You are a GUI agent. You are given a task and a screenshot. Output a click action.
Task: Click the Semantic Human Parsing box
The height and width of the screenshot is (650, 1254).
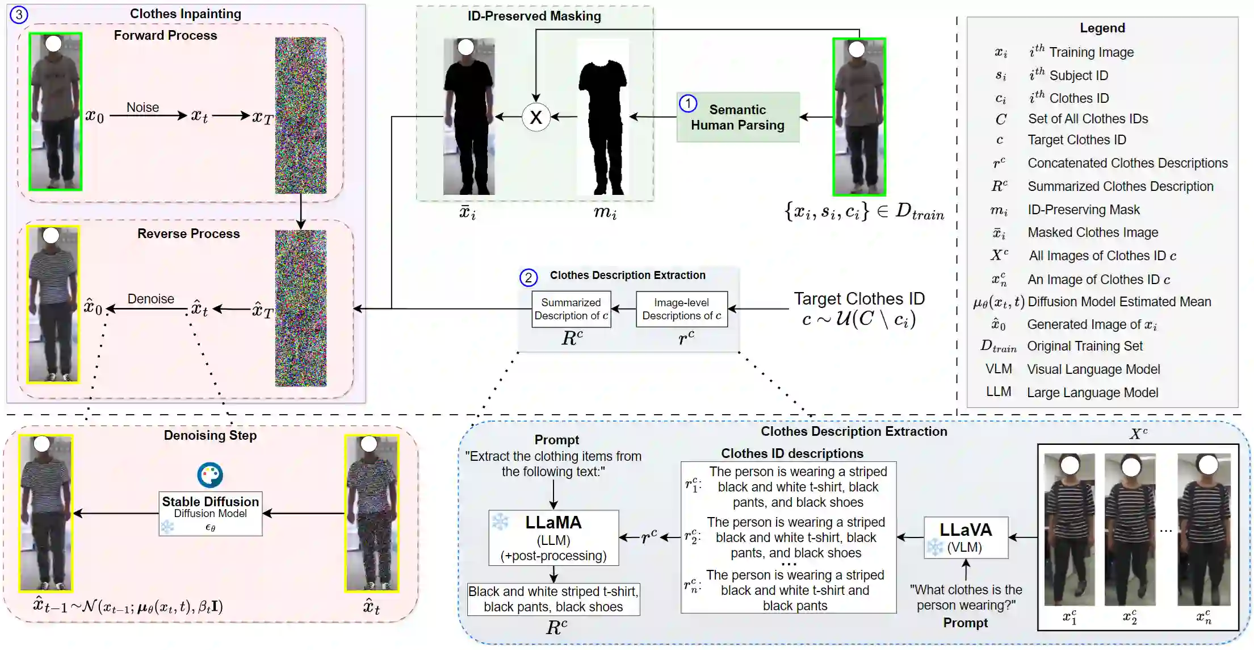(737, 117)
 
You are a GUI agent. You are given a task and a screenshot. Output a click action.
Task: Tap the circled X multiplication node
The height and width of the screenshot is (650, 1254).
(536, 117)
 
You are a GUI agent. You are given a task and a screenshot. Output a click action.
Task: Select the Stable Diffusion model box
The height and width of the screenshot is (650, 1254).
(210, 513)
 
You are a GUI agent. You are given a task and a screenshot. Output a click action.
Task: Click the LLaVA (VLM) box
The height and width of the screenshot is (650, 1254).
(966, 537)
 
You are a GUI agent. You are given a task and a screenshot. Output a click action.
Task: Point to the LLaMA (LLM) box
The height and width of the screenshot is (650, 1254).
(553, 537)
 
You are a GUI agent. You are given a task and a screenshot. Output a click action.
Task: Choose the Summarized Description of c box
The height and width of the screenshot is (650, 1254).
(571, 309)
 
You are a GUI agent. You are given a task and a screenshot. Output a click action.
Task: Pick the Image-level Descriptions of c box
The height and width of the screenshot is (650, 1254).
(681, 309)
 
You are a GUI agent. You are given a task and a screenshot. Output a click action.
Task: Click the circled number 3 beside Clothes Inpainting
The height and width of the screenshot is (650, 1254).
(19, 14)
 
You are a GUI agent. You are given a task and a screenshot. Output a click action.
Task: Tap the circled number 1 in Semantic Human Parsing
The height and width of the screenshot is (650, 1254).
(688, 103)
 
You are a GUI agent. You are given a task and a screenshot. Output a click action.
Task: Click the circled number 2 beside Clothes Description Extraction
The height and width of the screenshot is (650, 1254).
(529, 277)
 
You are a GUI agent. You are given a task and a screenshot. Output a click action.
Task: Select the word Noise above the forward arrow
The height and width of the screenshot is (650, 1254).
(142, 107)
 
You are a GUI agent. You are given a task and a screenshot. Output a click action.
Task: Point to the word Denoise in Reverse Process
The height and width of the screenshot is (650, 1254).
(150, 299)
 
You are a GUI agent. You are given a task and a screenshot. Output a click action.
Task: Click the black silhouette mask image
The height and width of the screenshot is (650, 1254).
(602, 117)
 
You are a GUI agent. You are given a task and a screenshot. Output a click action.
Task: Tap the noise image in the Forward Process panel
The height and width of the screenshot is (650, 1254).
(300, 115)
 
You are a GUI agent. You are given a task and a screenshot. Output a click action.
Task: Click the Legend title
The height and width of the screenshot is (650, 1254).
(1102, 28)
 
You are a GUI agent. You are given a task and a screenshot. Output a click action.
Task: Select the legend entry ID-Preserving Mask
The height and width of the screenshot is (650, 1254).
(1083, 210)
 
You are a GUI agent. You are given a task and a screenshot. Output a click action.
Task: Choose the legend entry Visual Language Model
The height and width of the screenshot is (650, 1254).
(1093, 369)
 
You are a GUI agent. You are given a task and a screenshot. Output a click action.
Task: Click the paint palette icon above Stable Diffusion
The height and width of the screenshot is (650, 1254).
(210, 475)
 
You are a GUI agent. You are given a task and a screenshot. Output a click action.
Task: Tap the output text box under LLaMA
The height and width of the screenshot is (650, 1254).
(553, 599)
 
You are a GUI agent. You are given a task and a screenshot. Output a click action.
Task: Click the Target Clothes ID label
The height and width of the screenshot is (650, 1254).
(859, 299)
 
